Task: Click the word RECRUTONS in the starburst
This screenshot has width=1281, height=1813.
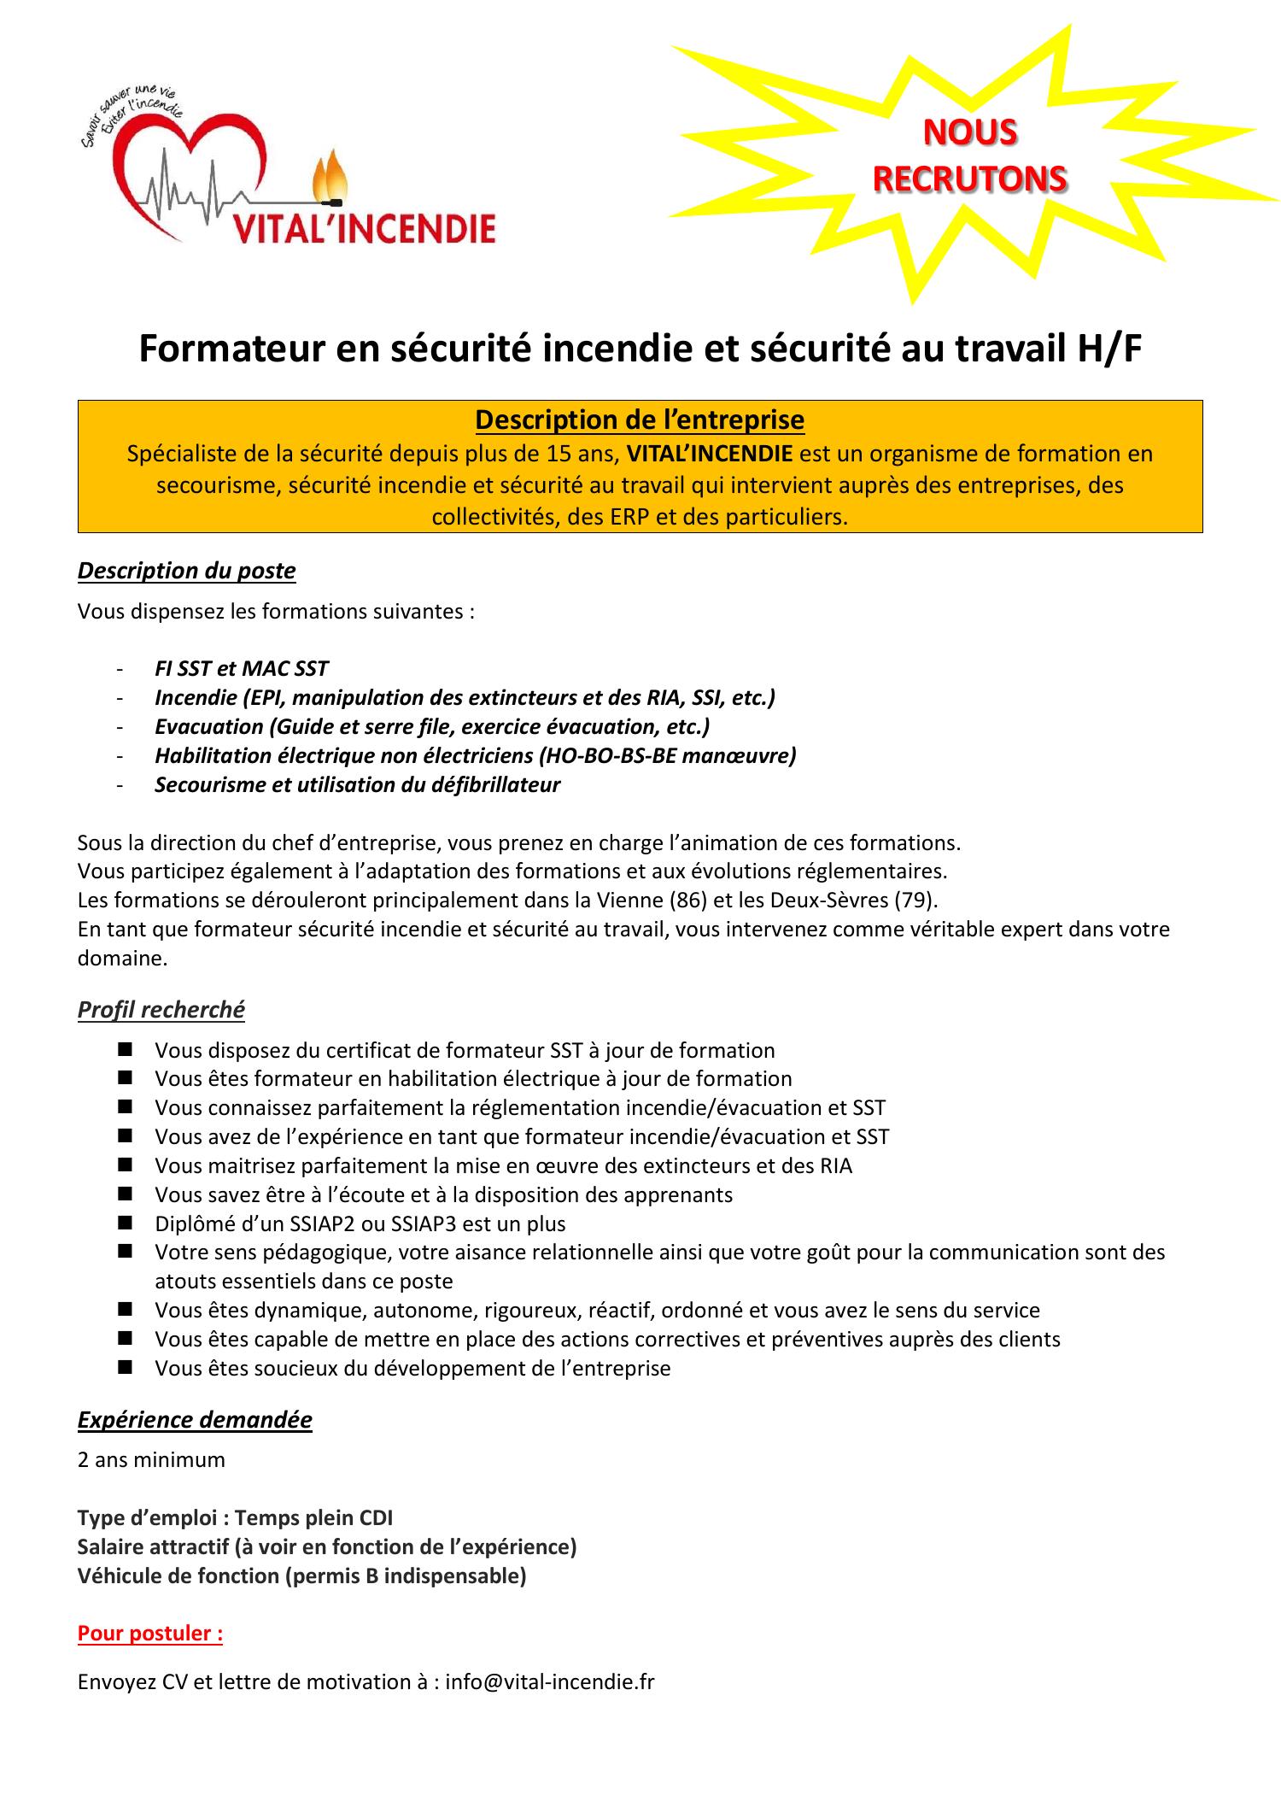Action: [969, 179]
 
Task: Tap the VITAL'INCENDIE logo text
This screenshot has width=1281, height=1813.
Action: [364, 229]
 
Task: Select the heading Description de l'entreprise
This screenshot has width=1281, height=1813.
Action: [639, 420]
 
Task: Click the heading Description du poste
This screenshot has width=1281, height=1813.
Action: [186, 571]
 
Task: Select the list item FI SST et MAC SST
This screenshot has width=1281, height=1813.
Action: [241, 669]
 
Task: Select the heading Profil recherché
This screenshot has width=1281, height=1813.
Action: [161, 1010]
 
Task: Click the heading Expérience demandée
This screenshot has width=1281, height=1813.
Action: [195, 1420]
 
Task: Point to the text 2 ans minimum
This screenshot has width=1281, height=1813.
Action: [151, 1459]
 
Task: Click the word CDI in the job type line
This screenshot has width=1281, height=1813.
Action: [375, 1517]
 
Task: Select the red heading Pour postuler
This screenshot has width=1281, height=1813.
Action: [150, 1634]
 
